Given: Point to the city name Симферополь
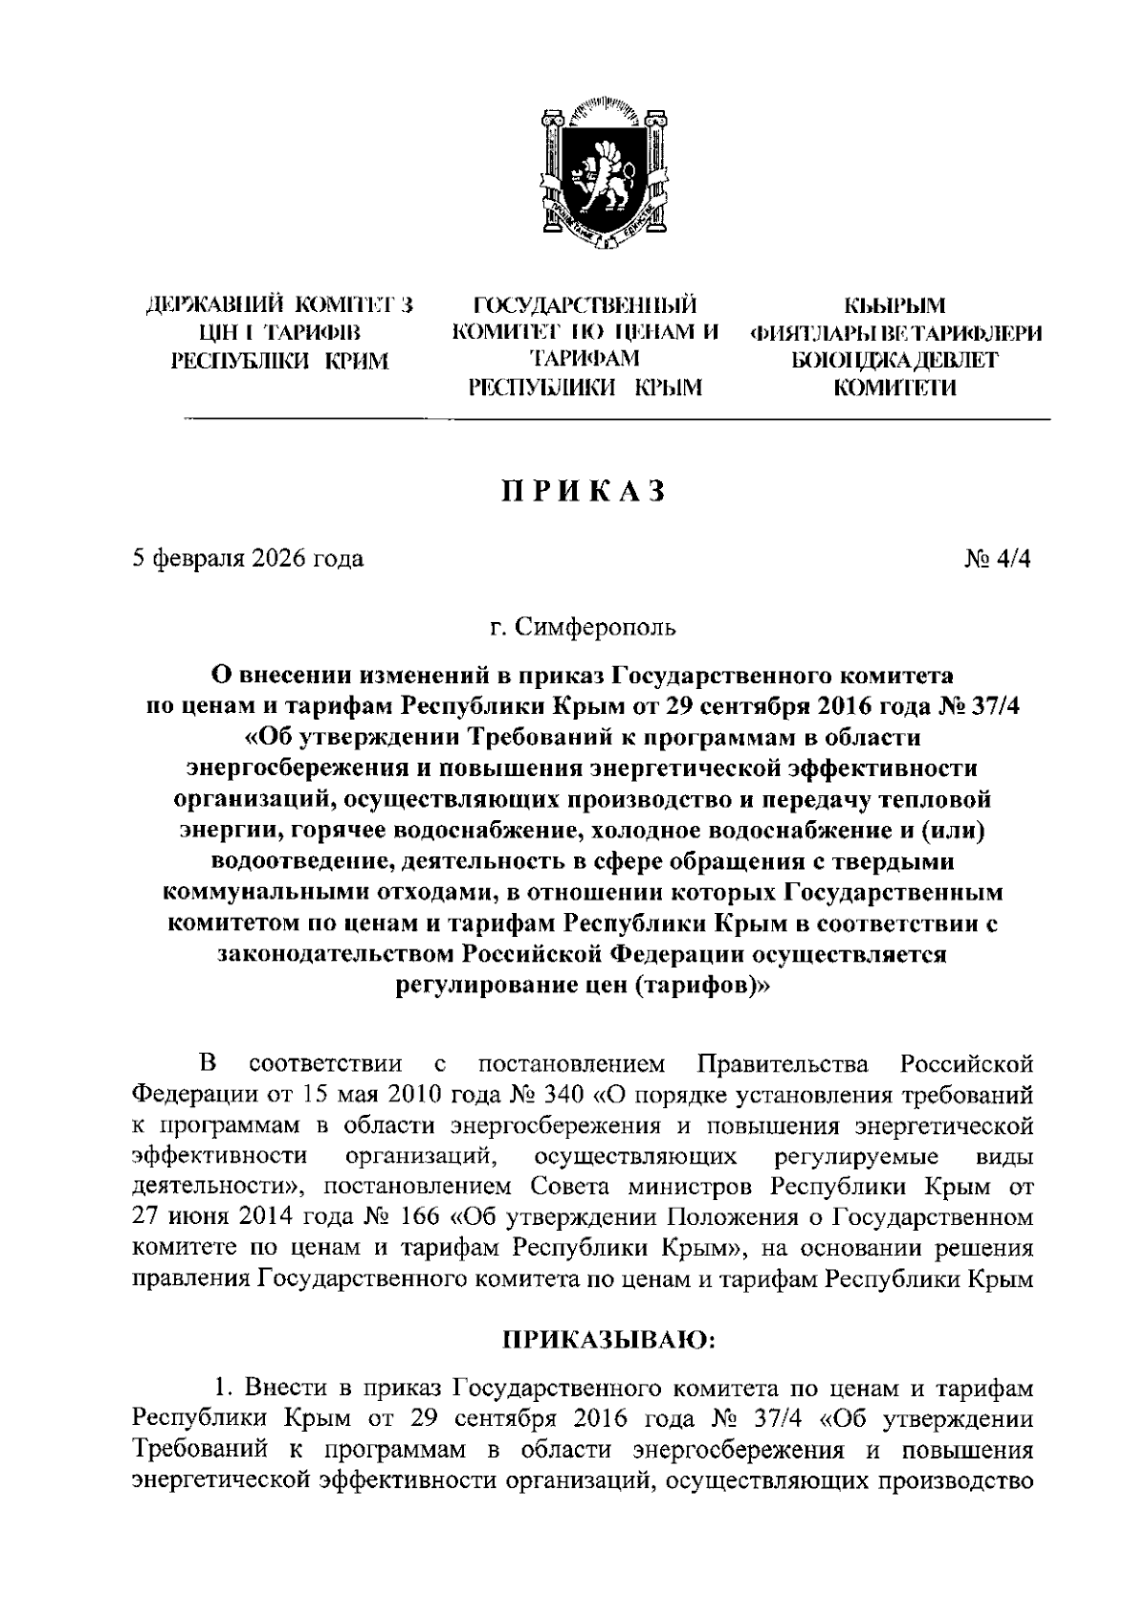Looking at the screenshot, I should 595,628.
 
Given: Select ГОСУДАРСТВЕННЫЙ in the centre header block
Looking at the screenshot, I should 585,306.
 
